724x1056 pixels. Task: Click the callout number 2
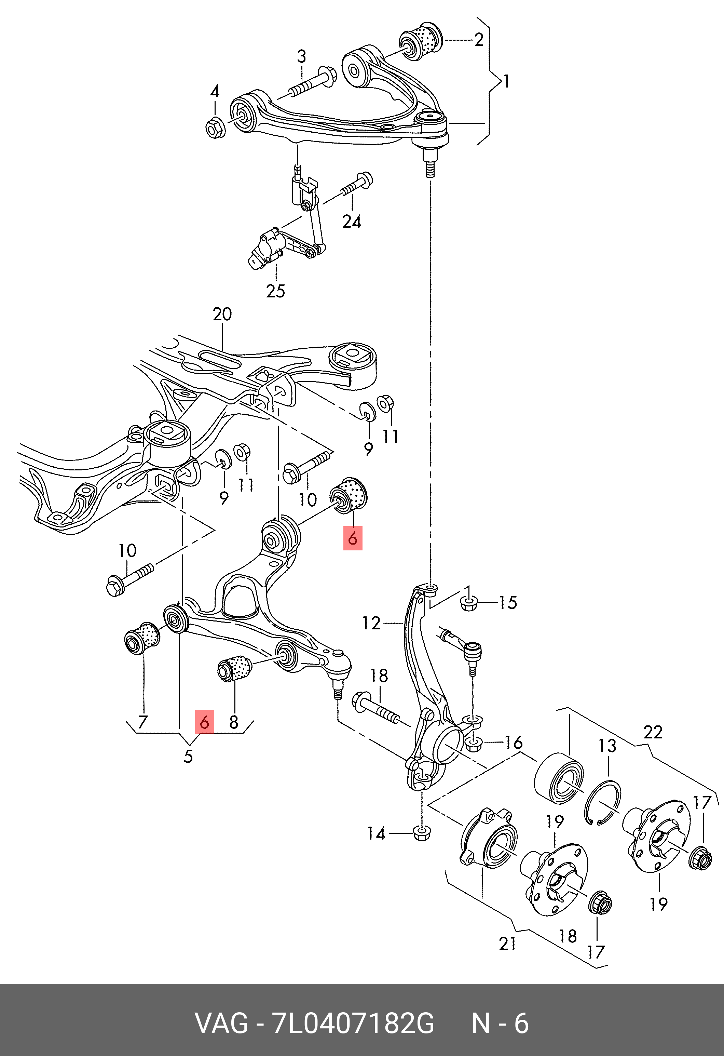(x=479, y=40)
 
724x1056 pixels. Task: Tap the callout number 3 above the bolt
(x=302, y=57)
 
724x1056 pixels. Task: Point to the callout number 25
(x=275, y=291)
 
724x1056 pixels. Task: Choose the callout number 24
(x=352, y=222)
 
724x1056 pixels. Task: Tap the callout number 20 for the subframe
(x=222, y=314)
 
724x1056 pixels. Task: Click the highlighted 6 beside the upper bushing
(x=353, y=539)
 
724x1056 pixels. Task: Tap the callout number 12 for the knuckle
(x=371, y=623)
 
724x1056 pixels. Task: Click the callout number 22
(x=653, y=733)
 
